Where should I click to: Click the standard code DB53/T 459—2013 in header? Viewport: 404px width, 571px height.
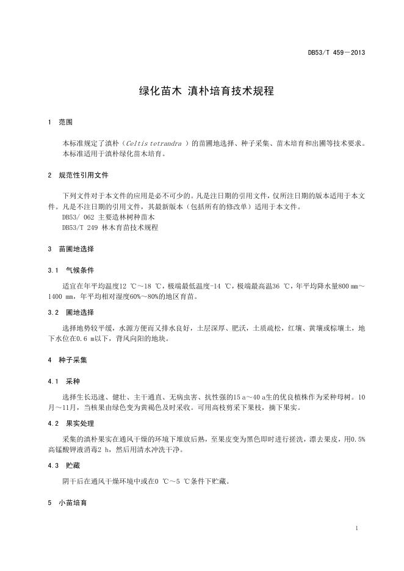(x=336, y=53)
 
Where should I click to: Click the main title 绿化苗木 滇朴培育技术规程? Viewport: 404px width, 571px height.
(x=202, y=92)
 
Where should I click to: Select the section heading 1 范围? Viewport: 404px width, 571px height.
(x=60, y=123)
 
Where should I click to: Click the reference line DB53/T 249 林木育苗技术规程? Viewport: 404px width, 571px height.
(x=110, y=228)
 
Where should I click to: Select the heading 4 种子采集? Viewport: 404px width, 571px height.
(x=68, y=360)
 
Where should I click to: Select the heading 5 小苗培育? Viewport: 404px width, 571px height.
(x=68, y=503)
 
